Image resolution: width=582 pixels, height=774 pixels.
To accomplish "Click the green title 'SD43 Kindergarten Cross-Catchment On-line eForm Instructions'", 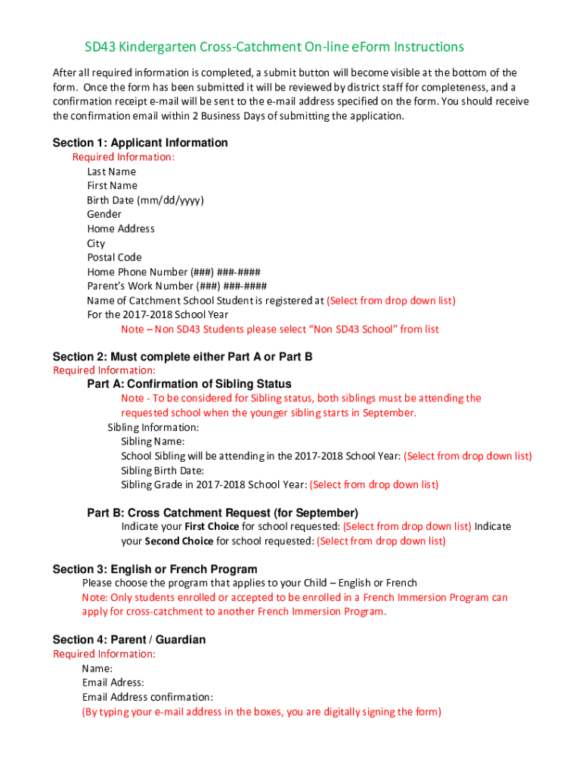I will coord(274,47).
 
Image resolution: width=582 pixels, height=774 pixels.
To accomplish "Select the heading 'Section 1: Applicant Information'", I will coord(140,143).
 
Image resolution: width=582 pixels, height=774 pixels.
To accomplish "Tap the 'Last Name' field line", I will coord(111,172).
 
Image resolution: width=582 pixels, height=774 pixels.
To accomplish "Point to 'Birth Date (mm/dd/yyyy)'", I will coord(145,200).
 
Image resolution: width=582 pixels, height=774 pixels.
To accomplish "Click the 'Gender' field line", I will coord(104,215).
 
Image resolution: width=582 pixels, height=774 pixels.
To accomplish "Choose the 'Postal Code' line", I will coord(114,258).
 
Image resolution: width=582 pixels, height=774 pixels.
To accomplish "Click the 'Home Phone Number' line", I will coord(174,272).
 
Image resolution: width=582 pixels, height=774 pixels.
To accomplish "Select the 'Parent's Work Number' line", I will coord(177,286).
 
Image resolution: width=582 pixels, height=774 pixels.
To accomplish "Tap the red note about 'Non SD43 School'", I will coord(280,330).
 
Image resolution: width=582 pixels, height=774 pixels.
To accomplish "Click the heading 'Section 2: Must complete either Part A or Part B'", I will coord(182,356).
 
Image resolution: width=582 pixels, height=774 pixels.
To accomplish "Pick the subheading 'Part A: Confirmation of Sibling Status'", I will coord(189,384).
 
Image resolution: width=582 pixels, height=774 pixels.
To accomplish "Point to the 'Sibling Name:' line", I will coord(153,441).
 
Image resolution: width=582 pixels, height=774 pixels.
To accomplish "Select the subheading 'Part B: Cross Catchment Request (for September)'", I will coord(222,512).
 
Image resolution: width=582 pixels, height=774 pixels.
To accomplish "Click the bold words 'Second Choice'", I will coord(178,541).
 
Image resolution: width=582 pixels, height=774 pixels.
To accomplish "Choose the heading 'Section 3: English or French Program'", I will coord(154,569).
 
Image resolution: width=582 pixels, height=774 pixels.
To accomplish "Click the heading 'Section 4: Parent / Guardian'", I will coord(128,639).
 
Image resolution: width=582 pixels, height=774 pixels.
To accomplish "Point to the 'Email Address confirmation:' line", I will coord(147,697).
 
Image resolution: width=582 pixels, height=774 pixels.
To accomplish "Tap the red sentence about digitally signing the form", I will coord(262,711).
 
